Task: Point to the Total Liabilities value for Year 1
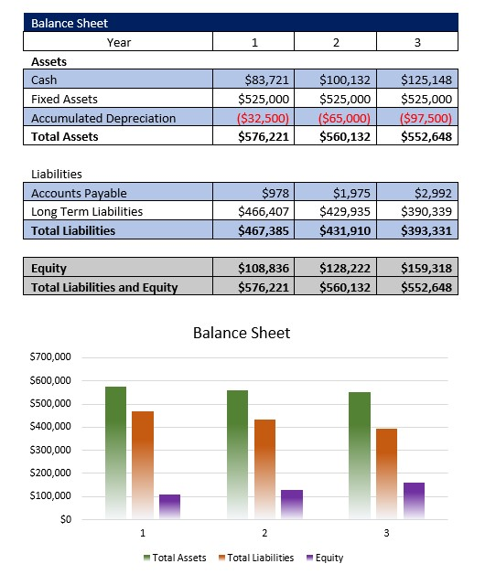tap(264, 230)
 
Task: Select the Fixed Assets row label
tap(64, 99)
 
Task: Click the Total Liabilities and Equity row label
tap(104, 287)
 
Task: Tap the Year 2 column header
tap(336, 42)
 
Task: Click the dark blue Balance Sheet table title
tap(70, 23)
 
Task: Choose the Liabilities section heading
tap(57, 174)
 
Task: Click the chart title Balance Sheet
tap(242, 333)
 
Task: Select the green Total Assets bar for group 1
tap(115, 452)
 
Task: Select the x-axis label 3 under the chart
tap(386, 533)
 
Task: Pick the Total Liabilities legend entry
tap(256, 558)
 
